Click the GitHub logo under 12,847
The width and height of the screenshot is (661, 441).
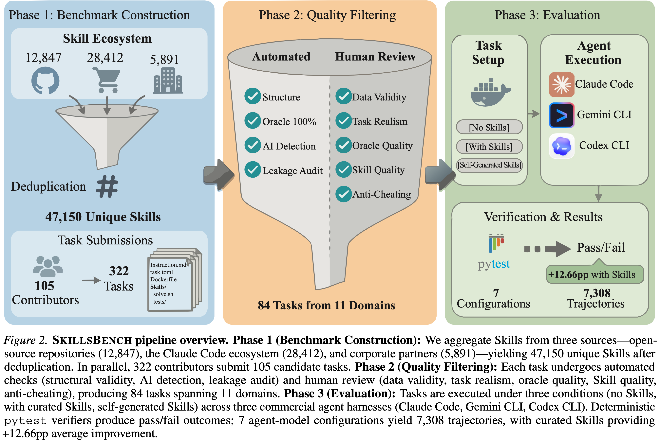tap(45, 80)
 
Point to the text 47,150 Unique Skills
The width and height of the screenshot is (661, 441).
tap(103, 217)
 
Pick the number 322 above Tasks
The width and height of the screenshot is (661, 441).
tap(119, 271)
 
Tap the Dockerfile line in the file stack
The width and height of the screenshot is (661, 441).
tap(163, 279)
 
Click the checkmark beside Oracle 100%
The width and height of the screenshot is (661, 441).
tap(252, 121)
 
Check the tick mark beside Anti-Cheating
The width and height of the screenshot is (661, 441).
tap(344, 194)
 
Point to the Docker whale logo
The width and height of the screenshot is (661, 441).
tap(490, 93)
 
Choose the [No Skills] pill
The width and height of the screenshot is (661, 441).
tap(489, 127)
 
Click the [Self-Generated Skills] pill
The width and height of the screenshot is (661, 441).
tap(489, 165)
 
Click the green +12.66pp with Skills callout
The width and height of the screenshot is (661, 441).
tap(595, 274)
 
